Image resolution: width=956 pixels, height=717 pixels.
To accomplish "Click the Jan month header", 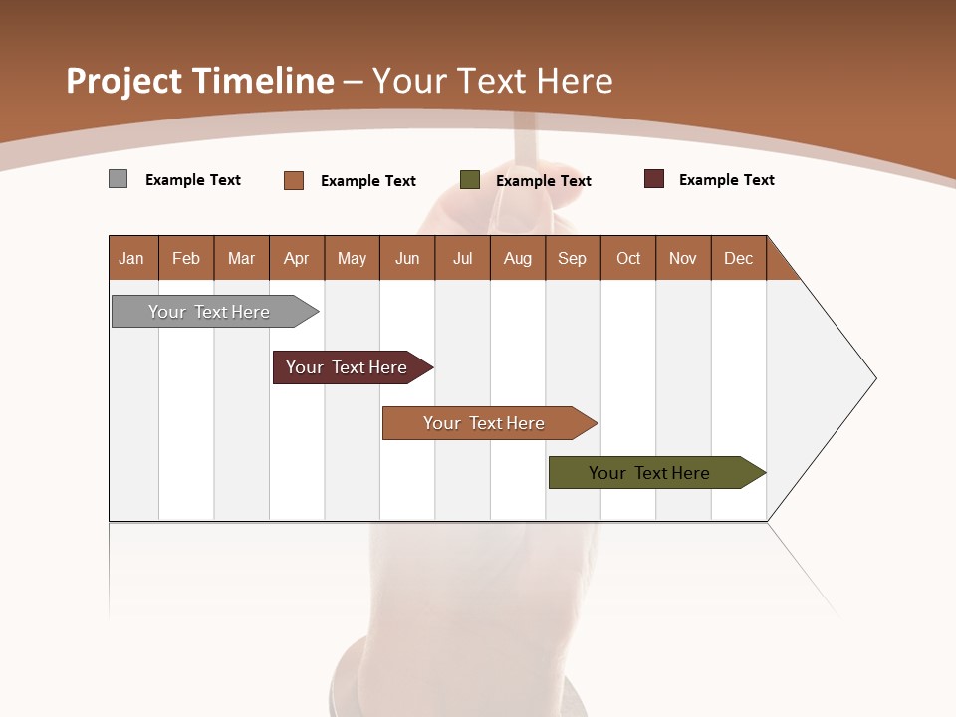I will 132,258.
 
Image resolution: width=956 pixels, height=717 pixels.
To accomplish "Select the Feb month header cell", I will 186,258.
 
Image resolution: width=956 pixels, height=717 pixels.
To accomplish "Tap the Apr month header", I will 296,258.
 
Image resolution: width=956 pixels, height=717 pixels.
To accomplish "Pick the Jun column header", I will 406,258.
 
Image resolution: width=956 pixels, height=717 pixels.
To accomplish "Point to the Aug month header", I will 517,258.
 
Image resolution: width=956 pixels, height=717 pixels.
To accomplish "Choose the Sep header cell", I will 572,258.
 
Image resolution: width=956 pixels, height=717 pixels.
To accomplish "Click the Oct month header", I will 627,258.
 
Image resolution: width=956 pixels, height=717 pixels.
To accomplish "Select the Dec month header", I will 738,258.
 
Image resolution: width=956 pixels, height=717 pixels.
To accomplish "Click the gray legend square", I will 118,179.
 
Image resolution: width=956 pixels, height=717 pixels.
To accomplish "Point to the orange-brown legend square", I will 293,180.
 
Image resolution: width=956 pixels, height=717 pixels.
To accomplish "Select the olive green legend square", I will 470,180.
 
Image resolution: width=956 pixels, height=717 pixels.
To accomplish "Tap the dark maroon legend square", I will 653,179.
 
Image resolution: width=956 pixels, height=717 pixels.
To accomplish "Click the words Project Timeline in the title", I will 199,81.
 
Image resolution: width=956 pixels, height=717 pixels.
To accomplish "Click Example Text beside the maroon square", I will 726,180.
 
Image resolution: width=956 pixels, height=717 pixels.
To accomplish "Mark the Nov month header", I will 682,258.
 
